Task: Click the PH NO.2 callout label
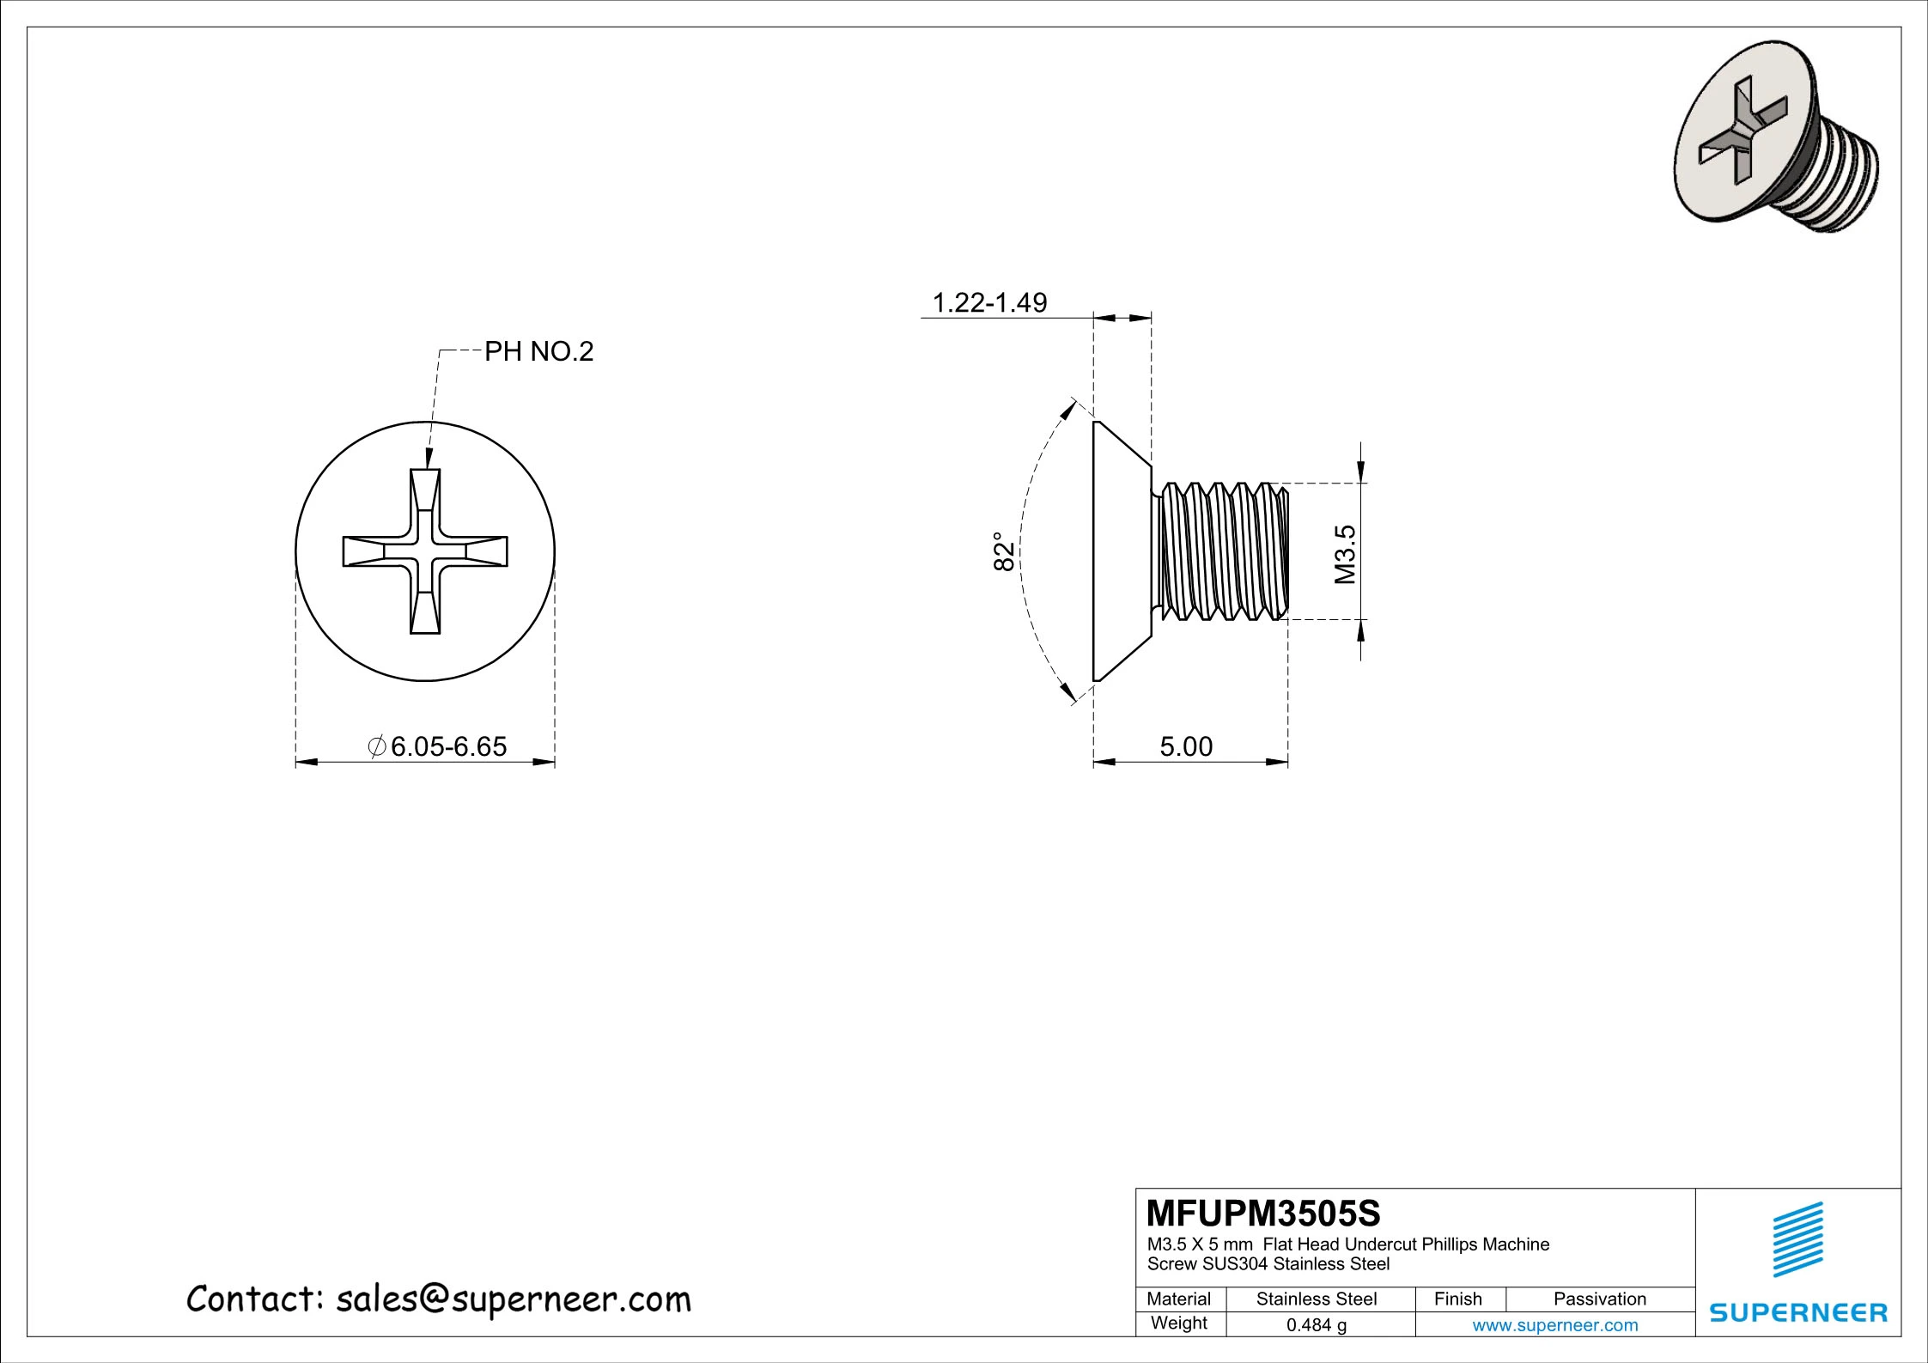(538, 352)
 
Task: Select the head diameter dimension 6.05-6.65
(447, 746)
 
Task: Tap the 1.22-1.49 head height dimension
(989, 302)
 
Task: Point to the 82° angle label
(1004, 551)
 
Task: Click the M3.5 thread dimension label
(1345, 554)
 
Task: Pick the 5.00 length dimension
(1186, 746)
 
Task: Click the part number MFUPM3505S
(1263, 1214)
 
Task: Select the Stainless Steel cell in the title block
(1316, 1299)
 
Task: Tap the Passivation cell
(1599, 1299)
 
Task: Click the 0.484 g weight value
(1316, 1325)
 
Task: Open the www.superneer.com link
(1554, 1325)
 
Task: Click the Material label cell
(1178, 1299)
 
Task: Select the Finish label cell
(1457, 1299)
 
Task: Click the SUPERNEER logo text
(1798, 1312)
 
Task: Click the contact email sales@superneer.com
(513, 1299)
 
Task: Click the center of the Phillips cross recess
(425, 551)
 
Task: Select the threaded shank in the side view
(1221, 551)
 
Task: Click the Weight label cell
(1178, 1323)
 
